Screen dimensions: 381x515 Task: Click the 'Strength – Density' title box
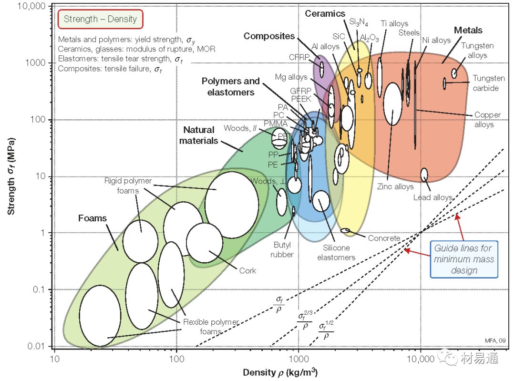(100, 20)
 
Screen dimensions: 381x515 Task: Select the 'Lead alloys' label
(432, 197)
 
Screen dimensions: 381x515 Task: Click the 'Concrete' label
(384, 238)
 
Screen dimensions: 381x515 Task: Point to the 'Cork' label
(247, 270)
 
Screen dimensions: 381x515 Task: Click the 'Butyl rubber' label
(282, 250)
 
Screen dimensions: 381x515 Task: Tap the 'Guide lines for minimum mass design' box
(463, 259)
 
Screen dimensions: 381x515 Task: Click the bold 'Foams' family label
(93, 218)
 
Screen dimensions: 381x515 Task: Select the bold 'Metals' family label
(468, 30)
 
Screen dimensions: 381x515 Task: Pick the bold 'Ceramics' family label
(325, 13)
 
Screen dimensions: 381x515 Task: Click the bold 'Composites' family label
(269, 36)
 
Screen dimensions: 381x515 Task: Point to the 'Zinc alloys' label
(395, 186)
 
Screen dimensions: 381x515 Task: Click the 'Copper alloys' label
(487, 120)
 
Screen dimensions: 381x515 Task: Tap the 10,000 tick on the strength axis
(28, 7)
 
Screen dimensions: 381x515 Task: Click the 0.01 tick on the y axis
(35, 346)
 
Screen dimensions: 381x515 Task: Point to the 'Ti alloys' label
(394, 23)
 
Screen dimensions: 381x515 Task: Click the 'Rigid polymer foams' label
(128, 186)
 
